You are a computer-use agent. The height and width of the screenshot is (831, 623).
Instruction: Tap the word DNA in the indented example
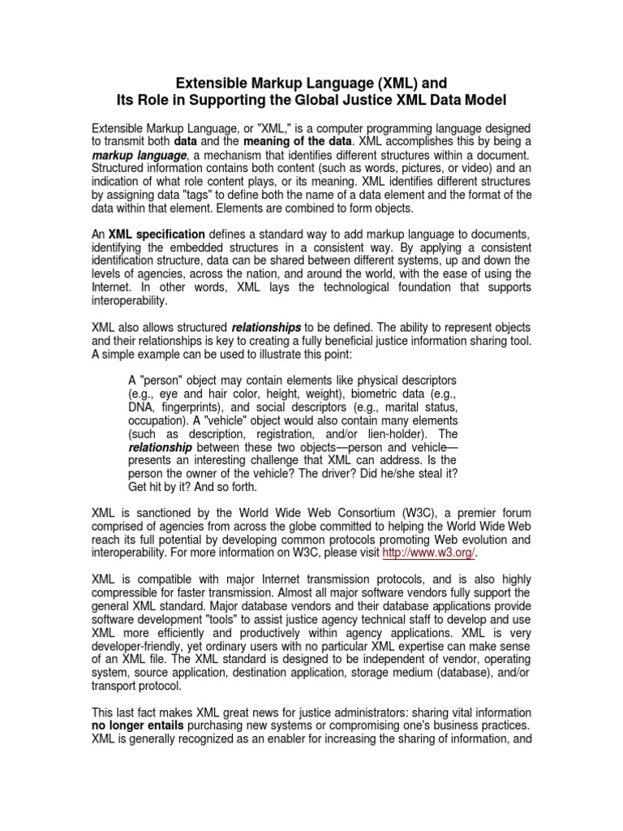(141, 407)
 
